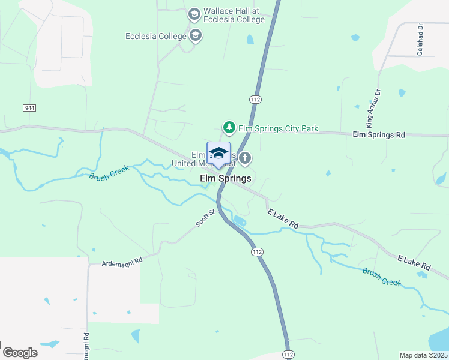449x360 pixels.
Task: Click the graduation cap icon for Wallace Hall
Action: coord(194,14)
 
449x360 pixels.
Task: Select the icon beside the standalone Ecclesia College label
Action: coord(195,36)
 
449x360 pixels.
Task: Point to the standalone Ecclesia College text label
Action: coord(156,36)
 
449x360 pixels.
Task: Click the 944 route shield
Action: coord(29,107)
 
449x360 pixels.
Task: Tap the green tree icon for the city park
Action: coord(229,127)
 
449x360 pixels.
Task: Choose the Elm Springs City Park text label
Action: coord(278,129)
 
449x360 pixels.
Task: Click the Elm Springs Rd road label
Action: coord(379,135)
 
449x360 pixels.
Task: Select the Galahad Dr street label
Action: coord(420,40)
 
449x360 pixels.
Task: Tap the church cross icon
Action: coord(244,158)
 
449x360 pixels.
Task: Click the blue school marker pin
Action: coord(218,154)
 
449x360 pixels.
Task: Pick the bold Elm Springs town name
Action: coord(225,178)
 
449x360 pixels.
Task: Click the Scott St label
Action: coord(205,218)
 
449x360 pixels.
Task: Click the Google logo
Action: coord(20,353)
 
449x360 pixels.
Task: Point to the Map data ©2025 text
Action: coord(423,355)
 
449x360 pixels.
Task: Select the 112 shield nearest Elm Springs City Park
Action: coord(256,98)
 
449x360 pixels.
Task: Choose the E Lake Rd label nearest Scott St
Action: coord(283,218)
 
